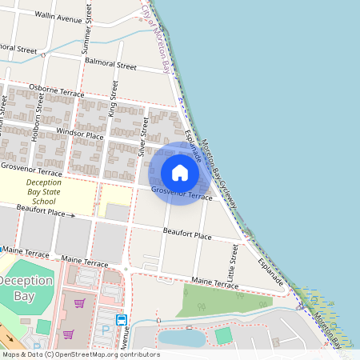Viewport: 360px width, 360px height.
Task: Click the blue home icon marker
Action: point(180,173)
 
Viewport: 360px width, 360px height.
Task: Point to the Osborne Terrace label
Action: point(57,90)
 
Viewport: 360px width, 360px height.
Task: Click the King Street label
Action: point(113,101)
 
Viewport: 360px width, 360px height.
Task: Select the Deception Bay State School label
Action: point(44,192)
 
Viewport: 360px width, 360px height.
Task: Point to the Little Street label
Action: point(234,262)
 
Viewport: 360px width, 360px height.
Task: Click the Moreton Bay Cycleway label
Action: point(218,174)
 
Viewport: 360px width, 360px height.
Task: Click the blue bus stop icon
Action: point(122,320)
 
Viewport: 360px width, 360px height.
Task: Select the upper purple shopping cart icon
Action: point(79,303)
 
